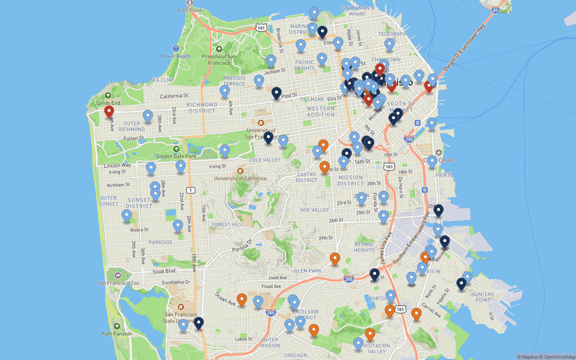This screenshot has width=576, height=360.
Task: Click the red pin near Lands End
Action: [x=108, y=111]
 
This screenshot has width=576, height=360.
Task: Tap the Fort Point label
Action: [x=189, y=10]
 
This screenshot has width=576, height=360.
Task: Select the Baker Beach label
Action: [x=176, y=56]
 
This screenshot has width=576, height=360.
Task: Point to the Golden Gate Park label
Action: [x=176, y=156]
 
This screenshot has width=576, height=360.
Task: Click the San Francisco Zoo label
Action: [x=117, y=283]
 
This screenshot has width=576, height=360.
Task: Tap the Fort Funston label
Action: [x=117, y=333]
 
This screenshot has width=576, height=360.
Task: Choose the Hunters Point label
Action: [x=482, y=297]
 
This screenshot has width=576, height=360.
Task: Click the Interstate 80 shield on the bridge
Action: [x=495, y=10]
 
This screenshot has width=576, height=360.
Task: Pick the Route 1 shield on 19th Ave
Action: [x=191, y=190]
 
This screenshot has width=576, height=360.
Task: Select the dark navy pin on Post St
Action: [x=277, y=93]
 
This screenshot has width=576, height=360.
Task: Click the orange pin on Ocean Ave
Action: [x=242, y=299]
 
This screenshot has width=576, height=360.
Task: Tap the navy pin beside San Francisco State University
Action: [x=198, y=323]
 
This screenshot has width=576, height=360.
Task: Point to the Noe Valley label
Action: [x=315, y=210]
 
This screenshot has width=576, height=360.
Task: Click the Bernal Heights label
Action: [x=364, y=247]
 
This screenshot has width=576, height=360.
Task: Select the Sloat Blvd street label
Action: [x=163, y=271]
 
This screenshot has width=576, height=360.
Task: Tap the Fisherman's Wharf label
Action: [x=358, y=11]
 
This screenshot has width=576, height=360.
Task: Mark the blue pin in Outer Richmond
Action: [x=148, y=116]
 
